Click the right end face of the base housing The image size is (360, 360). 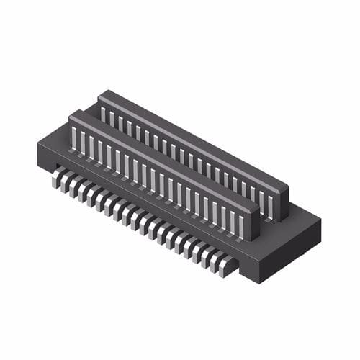coord(288,252)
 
